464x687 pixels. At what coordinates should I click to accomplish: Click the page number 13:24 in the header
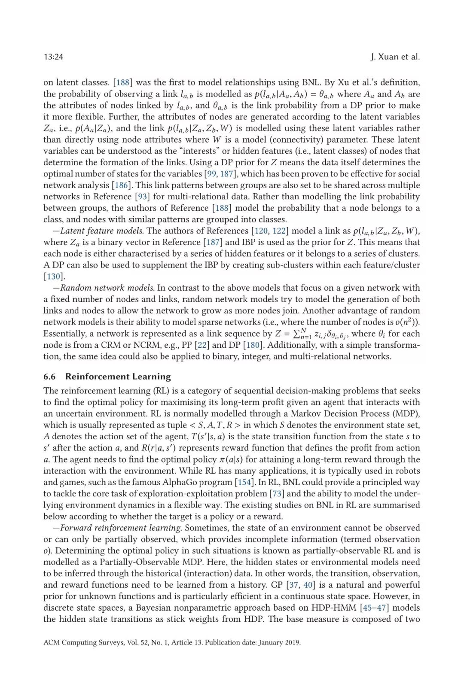click(x=53, y=57)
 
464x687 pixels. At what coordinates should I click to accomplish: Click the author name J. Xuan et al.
click(x=395, y=57)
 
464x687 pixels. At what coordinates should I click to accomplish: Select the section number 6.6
click(x=49, y=377)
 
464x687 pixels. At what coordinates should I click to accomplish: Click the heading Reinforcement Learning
click(x=118, y=377)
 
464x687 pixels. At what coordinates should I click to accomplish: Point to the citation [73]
click(x=277, y=493)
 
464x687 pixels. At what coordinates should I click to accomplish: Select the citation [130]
click(x=54, y=276)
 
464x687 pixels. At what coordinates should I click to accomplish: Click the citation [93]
click(x=142, y=197)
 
